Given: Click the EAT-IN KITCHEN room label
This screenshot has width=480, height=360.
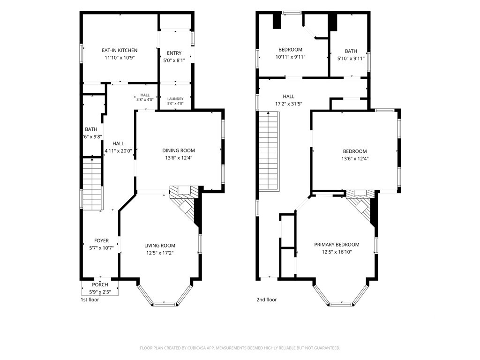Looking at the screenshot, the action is click(x=120, y=50).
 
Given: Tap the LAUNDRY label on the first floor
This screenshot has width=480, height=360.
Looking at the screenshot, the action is click(x=175, y=99).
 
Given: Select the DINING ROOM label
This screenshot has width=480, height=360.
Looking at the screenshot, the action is click(x=179, y=150).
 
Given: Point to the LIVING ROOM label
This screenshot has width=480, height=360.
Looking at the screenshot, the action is click(x=160, y=246).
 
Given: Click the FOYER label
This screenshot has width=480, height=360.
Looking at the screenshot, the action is click(x=101, y=240).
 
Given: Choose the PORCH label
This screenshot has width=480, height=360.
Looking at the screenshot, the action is click(x=100, y=285).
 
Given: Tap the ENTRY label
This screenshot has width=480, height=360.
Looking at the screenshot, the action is click(x=174, y=53).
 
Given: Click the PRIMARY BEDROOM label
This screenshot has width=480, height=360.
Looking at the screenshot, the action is click(x=337, y=245).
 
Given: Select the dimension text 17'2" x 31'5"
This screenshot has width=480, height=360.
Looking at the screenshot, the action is click(x=289, y=104).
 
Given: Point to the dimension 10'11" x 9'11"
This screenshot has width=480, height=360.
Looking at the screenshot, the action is click(x=291, y=57).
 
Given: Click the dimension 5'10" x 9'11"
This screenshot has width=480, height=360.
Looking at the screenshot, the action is click(x=351, y=59).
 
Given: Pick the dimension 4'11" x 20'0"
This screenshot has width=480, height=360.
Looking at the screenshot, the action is click(x=118, y=151).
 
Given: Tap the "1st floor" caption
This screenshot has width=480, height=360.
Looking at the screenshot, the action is click(x=90, y=300).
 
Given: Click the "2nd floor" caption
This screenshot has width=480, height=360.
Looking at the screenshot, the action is click(x=267, y=300).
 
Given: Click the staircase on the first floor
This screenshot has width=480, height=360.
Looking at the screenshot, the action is click(x=92, y=184).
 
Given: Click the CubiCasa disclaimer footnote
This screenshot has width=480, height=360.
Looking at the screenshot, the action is click(x=240, y=348).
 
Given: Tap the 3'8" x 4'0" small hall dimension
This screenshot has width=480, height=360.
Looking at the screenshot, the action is click(x=145, y=99).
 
